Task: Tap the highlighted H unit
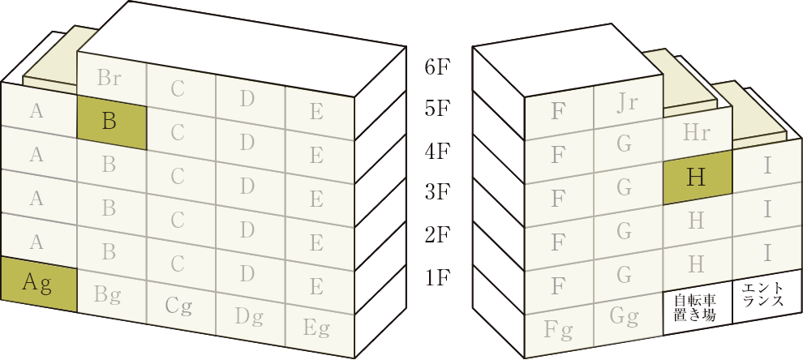click(x=698, y=178)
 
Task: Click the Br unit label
click(x=109, y=79)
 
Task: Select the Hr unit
click(x=698, y=132)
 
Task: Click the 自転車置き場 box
click(x=698, y=308)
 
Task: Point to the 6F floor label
click(x=437, y=68)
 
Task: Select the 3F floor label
click(x=437, y=194)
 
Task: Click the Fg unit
click(x=559, y=330)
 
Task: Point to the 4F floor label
click(x=437, y=152)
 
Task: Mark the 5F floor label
click(x=437, y=110)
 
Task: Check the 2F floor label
click(x=437, y=236)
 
